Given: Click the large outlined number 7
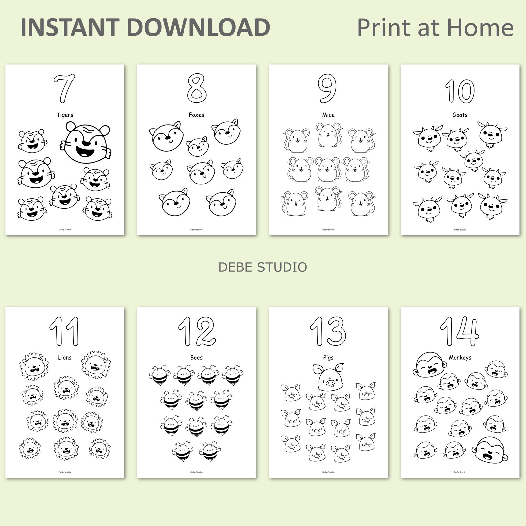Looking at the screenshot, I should click(x=64, y=88).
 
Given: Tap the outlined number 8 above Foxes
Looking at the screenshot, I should click(x=196, y=88).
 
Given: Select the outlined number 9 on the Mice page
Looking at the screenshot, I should click(x=327, y=88).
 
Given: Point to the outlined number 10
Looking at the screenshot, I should click(x=460, y=91).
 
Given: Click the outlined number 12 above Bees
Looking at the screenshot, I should click(x=197, y=331).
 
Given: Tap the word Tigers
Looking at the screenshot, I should click(x=65, y=115).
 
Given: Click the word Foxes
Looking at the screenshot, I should click(x=196, y=115).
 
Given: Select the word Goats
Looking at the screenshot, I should click(x=460, y=115).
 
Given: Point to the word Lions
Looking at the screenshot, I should click(x=65, y=358).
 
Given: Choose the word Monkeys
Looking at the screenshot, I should click(x=460, y=358).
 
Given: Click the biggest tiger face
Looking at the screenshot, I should click(x=86, y=142).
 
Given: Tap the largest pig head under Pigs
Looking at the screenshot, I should click(x=328, y=377).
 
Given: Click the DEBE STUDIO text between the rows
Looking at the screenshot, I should click(x=263, y=267).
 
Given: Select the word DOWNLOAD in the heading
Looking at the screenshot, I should click(x=198, y=27).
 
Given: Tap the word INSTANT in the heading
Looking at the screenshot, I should click(x=70, y=27).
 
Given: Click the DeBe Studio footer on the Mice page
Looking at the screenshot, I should click(x=328, y=230).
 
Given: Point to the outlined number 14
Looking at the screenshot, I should click(x=459, y=331).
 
